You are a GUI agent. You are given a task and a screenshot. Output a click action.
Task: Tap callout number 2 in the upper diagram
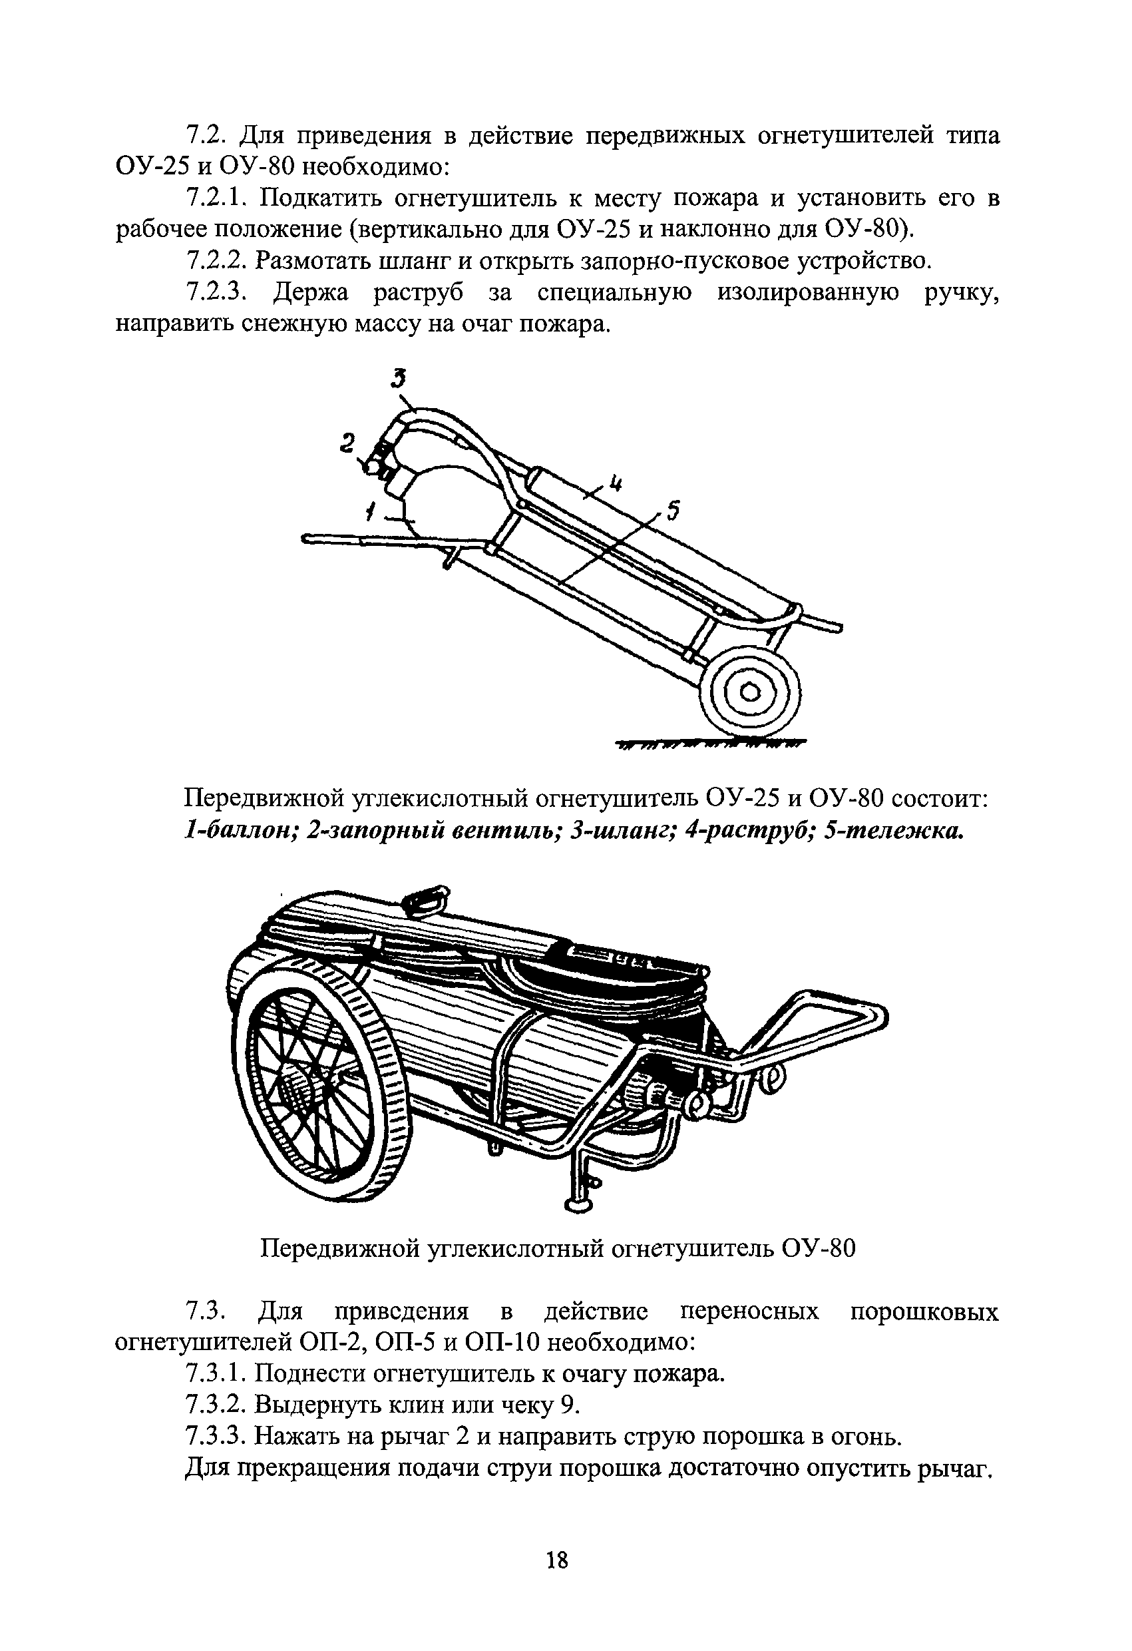click(x=347, y=443)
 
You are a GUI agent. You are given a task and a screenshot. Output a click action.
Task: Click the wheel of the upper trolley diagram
click(x=750, y=692)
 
